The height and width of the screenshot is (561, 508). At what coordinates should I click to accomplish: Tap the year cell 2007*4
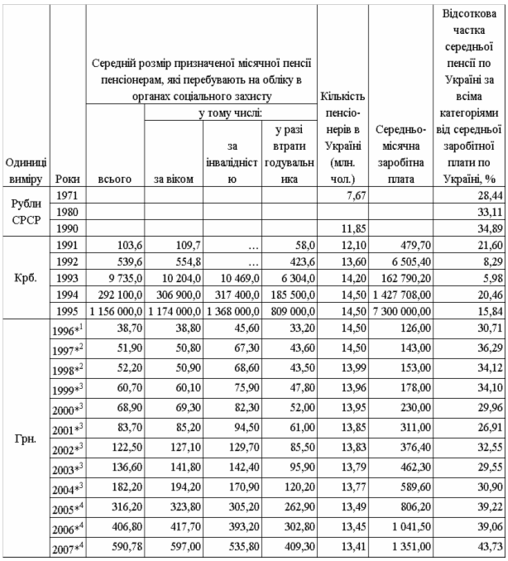pyautogui.click(x=67, y=548)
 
